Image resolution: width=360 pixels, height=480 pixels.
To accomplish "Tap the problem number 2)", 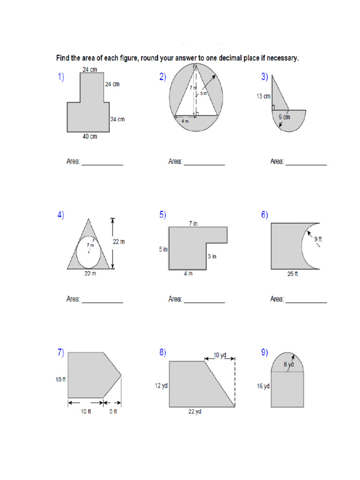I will coord(163,78).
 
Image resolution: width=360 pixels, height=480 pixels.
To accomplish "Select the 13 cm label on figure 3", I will coord(263,97).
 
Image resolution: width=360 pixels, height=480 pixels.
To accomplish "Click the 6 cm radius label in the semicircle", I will coord(284,117).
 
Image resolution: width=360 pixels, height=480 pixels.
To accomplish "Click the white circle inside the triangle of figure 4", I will coord(88,251).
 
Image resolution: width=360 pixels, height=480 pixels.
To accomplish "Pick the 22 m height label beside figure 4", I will coord(119,241).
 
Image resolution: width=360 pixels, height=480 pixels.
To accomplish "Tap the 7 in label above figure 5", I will coord(193,224).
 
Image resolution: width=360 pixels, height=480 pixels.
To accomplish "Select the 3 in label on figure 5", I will coord(212,256).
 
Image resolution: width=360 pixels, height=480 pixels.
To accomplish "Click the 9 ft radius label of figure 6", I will coord(318,239).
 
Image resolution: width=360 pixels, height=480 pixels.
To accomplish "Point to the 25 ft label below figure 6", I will coord(292,274).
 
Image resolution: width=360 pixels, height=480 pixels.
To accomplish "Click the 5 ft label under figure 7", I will coord(113,412).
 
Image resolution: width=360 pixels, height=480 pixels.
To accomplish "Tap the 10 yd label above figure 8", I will coord(220,355).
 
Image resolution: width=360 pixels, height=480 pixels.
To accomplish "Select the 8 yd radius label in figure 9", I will coord(288,364).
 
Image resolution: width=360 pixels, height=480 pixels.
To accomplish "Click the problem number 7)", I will coord(60,353).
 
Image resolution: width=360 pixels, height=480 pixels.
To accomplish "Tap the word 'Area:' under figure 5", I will coord(175,299).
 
